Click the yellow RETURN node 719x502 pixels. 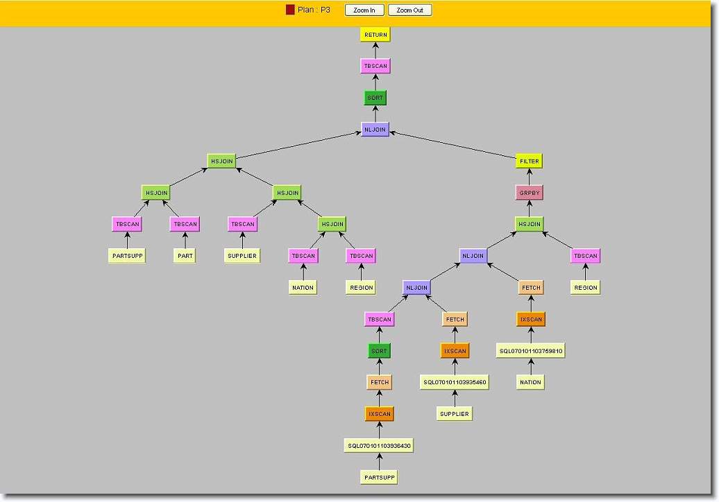[375, 35]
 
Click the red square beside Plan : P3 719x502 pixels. [290, 10]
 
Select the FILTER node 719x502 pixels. [529, 162]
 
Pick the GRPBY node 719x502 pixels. [529, 193]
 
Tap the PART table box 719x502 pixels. [185, 256]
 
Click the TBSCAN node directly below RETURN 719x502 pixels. [375, 66]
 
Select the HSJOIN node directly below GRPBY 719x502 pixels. [529, 224]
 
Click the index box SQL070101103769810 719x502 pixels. [530, 352]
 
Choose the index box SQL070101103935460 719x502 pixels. [455, 382]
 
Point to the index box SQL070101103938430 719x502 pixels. [379, 446]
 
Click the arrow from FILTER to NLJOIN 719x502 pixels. [453, 146]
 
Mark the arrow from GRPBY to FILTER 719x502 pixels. [529, 178]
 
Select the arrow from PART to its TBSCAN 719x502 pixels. [185, 241]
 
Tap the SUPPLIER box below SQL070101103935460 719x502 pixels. [455, 414]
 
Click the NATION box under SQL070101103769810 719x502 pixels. [530, 382]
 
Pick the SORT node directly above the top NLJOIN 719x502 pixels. [375, 98]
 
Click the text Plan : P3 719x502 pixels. [314, 10]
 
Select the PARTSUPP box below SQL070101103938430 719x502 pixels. [379, 477]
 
